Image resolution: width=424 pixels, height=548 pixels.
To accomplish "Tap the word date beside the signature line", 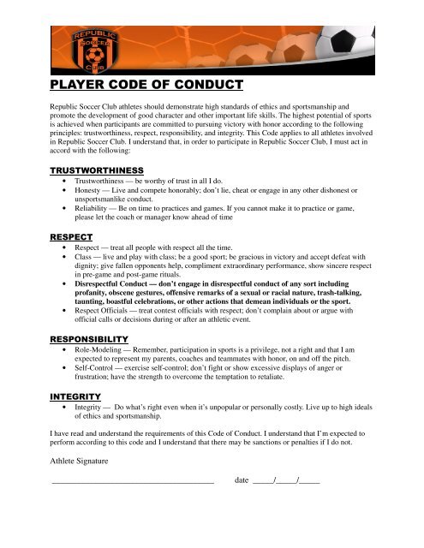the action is (x=241, y=480).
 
